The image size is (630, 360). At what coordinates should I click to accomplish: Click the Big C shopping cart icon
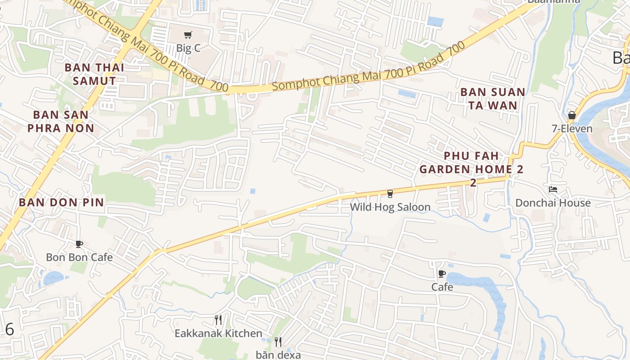[x=188, y=35]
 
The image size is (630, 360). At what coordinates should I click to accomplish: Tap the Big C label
[x=188, y=48]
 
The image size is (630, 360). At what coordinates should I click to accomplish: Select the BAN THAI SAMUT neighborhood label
[x=94, y=74]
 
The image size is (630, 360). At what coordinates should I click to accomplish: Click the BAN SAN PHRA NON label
[x=61, y=121]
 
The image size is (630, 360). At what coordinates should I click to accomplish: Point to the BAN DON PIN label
[x=61, y=202]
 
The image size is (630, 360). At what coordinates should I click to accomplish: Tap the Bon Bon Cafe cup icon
[x=79, y=244]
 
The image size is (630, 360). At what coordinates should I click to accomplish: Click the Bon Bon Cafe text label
[x=79, y=257]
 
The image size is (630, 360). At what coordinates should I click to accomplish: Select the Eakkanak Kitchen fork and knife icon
[x=218, y=320]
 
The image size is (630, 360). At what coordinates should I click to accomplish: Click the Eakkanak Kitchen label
[x=218, y=333]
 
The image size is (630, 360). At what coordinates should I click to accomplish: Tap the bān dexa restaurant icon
[x=278, y=342]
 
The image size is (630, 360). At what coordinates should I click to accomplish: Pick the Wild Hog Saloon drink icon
[x=390, y=193]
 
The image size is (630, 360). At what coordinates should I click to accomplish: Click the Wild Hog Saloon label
[x=390, y=207]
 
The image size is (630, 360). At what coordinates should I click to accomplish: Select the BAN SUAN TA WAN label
[x=493, y=99]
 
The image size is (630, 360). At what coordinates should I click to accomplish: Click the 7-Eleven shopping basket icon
[x=571, y=115]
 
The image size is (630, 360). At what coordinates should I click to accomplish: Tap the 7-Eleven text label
[x=572, y=129]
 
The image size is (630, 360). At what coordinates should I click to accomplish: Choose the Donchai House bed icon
[x=553, y=189]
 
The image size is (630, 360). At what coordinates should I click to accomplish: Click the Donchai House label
[x=553, y=203]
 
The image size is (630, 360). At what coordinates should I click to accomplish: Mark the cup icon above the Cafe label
[x=442, y=274]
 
